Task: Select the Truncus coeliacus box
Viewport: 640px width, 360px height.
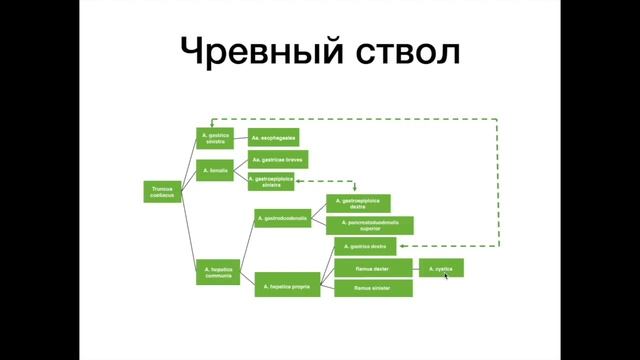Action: coord(164,191)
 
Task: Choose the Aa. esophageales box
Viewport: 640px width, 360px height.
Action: coord(273,138)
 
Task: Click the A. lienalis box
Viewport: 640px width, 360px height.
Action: coord(214,171)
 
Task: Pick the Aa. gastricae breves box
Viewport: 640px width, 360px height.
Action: coord(277,159)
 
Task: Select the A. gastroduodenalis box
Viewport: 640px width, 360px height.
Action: coord(282,217)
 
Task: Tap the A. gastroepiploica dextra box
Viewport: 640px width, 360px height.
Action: coord(358,204)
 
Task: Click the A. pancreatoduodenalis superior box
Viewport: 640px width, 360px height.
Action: coord(370,225)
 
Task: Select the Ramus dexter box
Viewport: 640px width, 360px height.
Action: coord(373,268)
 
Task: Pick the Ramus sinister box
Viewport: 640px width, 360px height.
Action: coord(373,288)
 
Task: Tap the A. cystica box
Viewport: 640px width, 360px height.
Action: coord(440,268)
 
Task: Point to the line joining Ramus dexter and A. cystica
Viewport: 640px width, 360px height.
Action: coord(416,268)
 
